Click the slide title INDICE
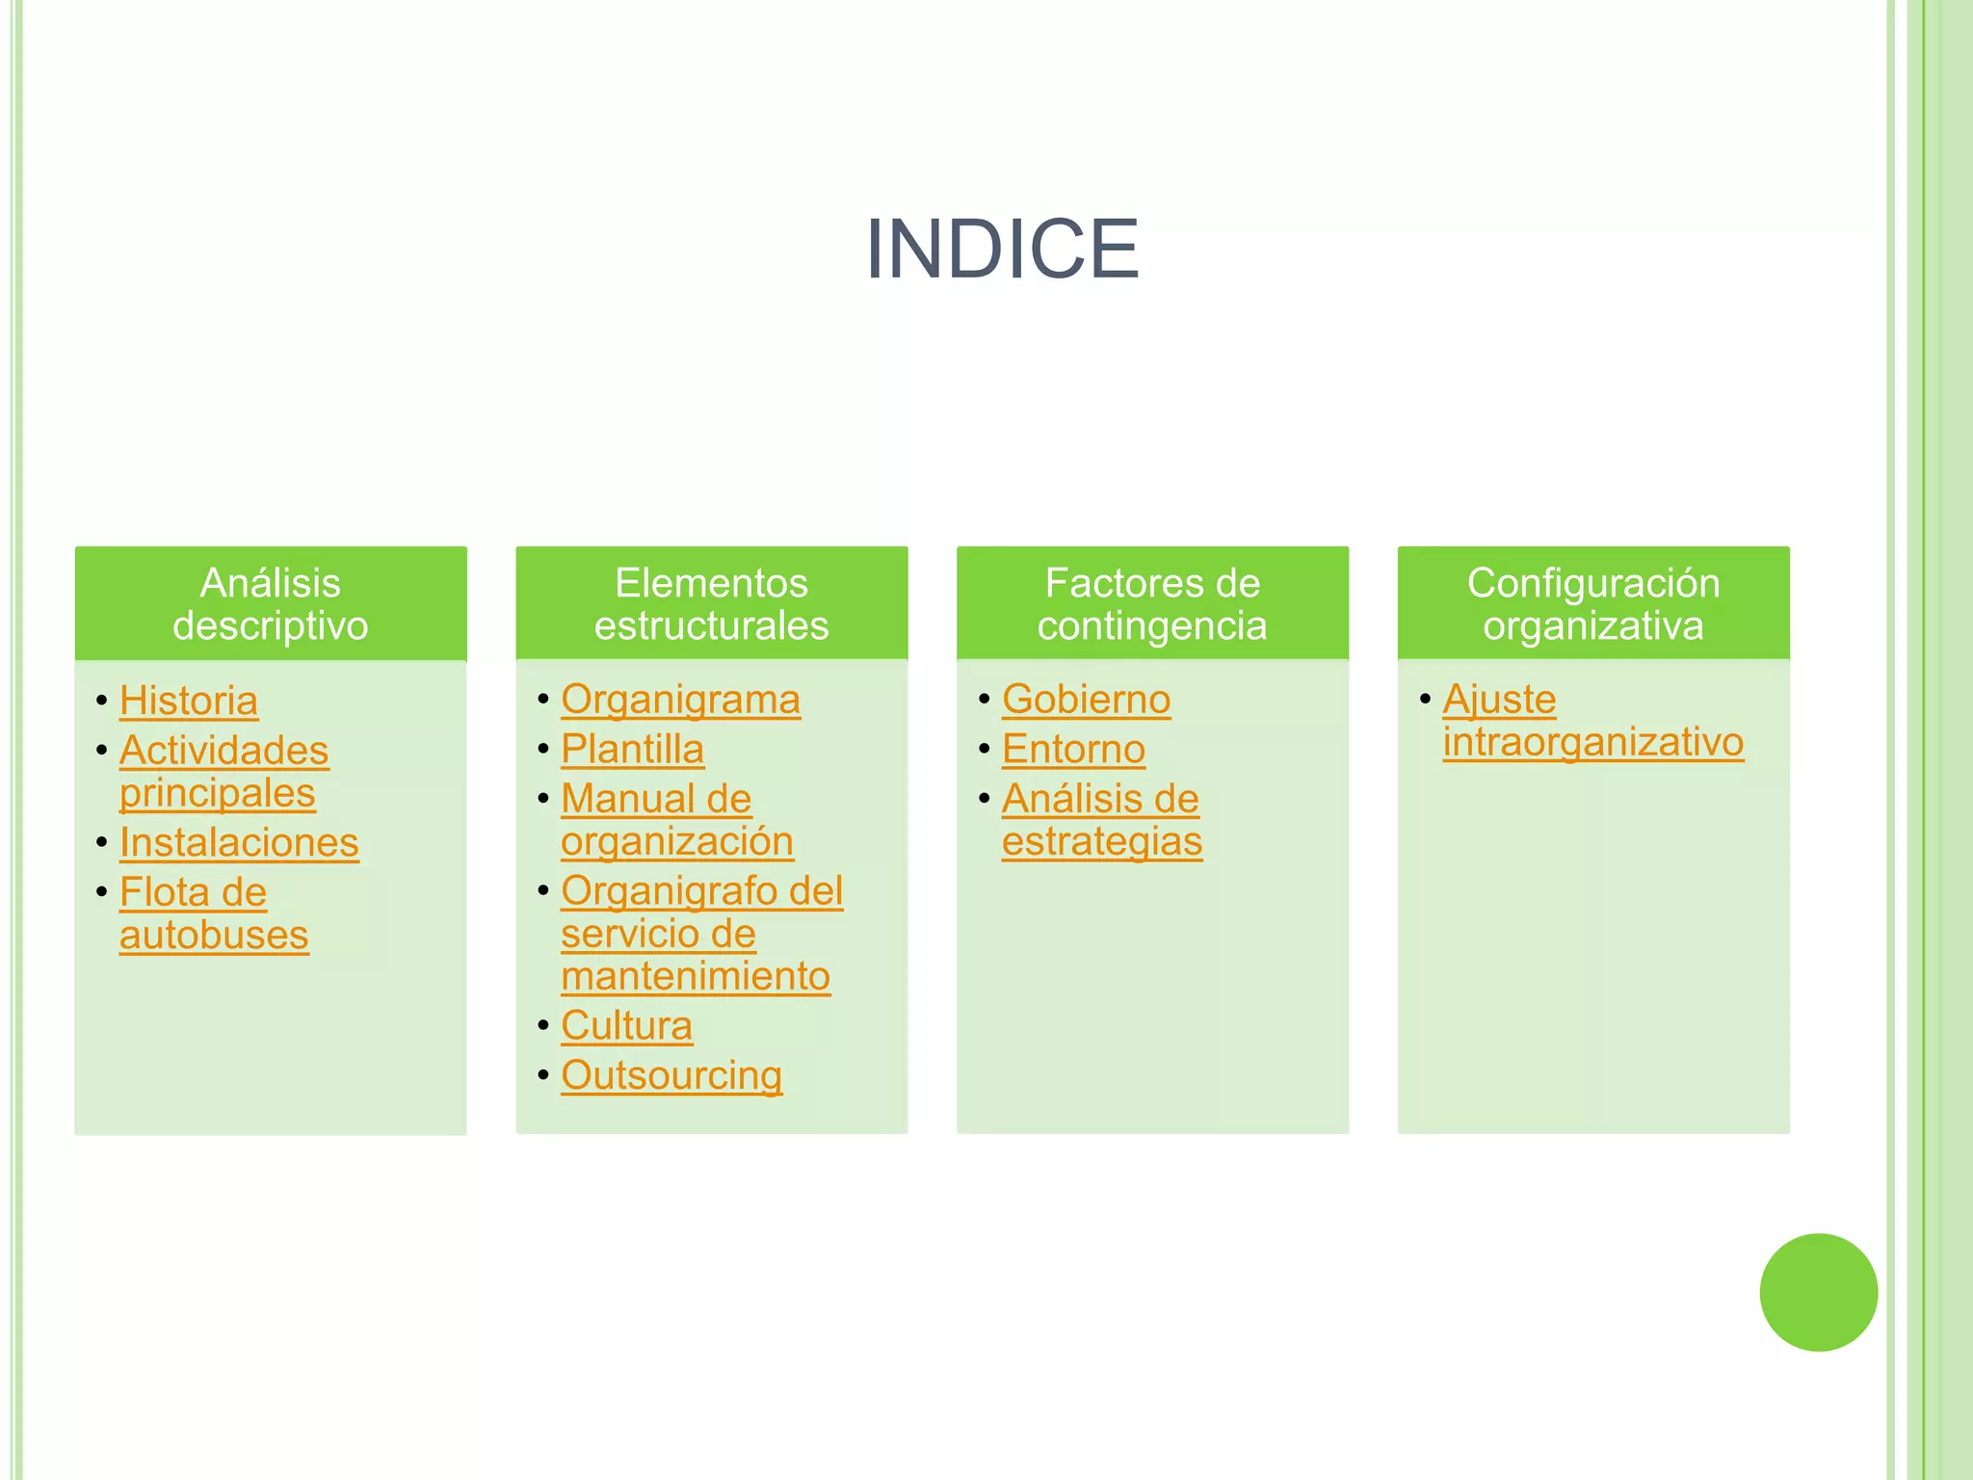click(1002, 250)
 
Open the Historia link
click(189, 700)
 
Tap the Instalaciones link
click(239, 843)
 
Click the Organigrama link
click(680, 700)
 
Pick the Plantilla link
click(632, 750)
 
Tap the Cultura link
click(626, 1026)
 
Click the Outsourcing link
click(671, 1075)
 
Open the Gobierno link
click(1086, 700)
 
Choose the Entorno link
click(1073, 750)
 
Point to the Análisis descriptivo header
click(271, 604)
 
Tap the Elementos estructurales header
click(712, 604)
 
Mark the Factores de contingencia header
click(1152, 604)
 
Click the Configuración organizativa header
click(1593, 604)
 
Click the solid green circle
click(1818, 1292)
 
